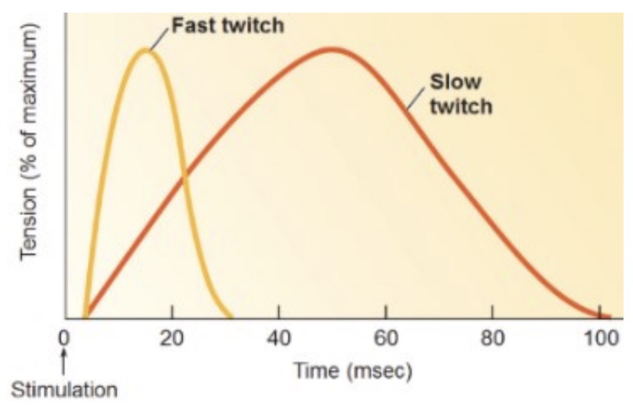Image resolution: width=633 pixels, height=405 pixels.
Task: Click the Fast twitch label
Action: pyautogui.click(x=227, y=25)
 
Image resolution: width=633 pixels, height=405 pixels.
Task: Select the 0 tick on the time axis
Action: pyautogui.click(x=65, y=339)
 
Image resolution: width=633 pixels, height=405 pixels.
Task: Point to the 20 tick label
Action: pyautogui.click(x=171, y=339)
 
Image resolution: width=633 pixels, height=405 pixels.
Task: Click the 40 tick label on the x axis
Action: pyautogui.click(x=278, y=339)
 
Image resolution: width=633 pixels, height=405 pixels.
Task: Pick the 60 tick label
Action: pyautogui.click(x=385, y=339)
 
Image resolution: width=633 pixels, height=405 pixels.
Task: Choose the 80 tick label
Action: pyautogui.click(x=491, y=339)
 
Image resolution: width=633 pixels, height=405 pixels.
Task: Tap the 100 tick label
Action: pyautogui.click(x=600, y=339)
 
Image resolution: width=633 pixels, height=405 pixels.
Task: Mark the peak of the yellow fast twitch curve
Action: pyautogui.click(x=145, y=51)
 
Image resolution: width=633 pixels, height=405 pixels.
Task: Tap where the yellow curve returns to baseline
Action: pyautogui.click(x=231, y=317)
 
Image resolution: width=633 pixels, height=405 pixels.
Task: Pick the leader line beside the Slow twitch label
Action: pyautogui.click(x=415, y=99)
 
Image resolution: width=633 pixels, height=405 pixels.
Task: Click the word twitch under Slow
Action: pyautogui.click(x=461, y=106)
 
